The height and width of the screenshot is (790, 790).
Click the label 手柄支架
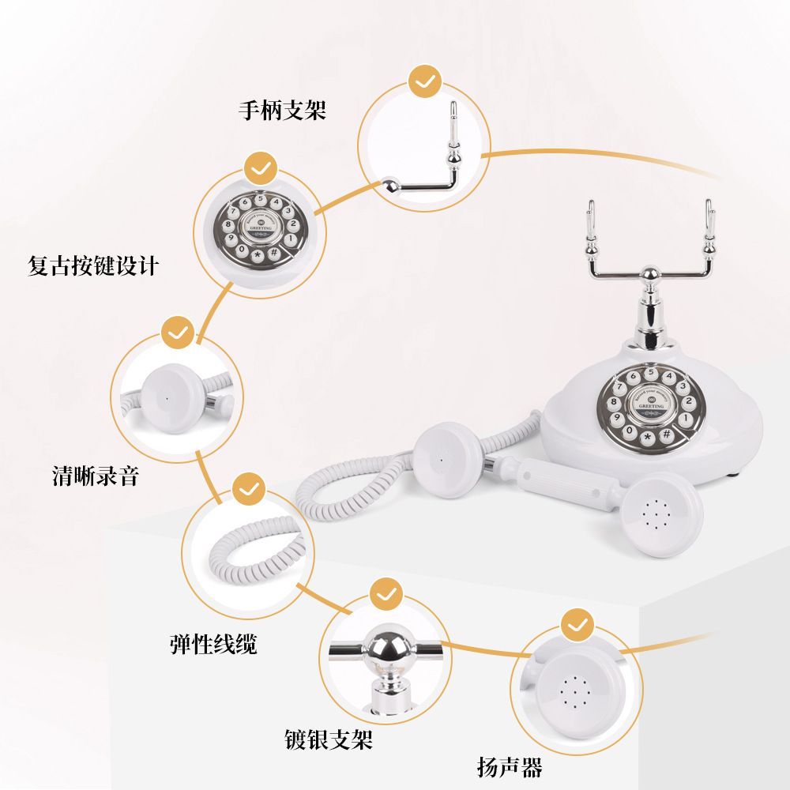click(282, 111)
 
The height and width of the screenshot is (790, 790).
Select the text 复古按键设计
click(93, 265)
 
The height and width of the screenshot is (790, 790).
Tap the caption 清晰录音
click(95, 476)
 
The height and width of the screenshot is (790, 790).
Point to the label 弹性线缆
click(213, 644)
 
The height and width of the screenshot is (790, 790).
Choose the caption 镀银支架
click(328, 740)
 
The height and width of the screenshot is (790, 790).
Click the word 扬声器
click(510, 766)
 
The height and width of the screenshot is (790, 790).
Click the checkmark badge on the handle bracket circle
click(425, 81)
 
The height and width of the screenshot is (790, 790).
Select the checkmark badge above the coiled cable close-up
click(249, 489)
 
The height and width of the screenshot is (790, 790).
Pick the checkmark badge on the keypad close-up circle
click(260, 168)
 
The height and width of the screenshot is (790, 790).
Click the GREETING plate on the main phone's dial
click(651, 403)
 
